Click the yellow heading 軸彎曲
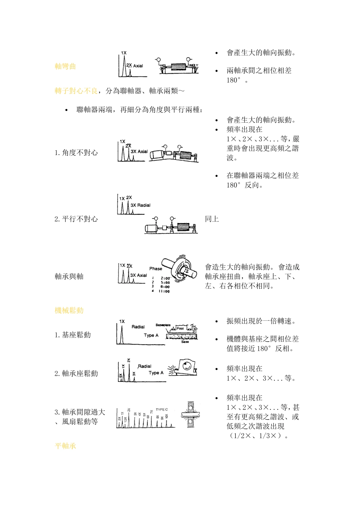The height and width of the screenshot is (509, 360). pyautogui.click(x=65, y=67)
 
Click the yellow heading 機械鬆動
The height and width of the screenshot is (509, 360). pyautogui.click(x=69, y=311)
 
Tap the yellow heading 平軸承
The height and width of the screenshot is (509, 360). pyautogui.click(x=65, y=446)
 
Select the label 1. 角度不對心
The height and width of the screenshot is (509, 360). pyautogui.click(x=76, y=153)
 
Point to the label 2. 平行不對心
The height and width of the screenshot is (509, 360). pyautogui.click(x=76, y=219)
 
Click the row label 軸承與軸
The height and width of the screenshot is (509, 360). pyautogui.click(x=69, y=276)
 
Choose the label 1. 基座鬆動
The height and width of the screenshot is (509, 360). pyautogui.click(x=72, y=335)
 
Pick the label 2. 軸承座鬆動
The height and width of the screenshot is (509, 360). pyautogui.click(x=76, y=373)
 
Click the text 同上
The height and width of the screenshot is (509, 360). pyautogui.click(x=212, y=219)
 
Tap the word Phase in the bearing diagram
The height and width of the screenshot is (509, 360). pyautogui.click(x=155, y=269)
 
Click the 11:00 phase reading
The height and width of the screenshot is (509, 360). pyautogui.click(x=164, y=291)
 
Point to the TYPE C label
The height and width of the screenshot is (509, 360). pyautogui.click(x=161, y=409)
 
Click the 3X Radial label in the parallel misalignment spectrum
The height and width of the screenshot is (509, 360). pyautogui.click(x=141, y=205)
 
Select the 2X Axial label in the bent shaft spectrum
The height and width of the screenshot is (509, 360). pyautogui.click(x=135, y=66)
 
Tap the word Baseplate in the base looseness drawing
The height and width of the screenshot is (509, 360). pyautogui.click(x=163, y=325)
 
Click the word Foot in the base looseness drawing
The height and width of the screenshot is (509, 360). pyautogui.click(x=180, y=328)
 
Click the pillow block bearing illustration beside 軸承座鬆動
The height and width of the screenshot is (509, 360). pyautogui.click(x=183, y=367)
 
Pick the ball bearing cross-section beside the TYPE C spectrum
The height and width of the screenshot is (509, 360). pyautogui.click(x=191, y=415)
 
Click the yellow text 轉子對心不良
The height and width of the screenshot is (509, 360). pyautogui.click(x=76, y=91)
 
